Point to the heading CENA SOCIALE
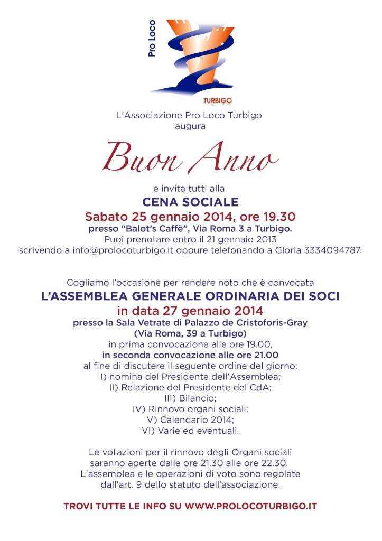point(191,201)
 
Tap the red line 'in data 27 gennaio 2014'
point(190,310)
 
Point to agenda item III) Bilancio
point(191,397)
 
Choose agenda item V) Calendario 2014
point(191,419)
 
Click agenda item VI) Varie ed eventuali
point(191,431)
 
